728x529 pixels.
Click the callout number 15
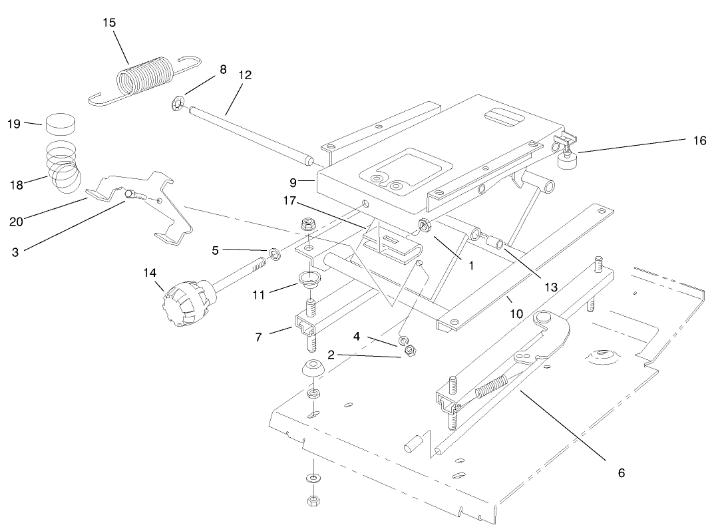tap(109, 23)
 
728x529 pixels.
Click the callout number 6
tap(621, 473)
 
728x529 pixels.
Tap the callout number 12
tap(244, 75)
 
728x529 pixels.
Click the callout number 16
tap(699, 140)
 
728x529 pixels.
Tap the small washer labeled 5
tap(273, 254)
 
